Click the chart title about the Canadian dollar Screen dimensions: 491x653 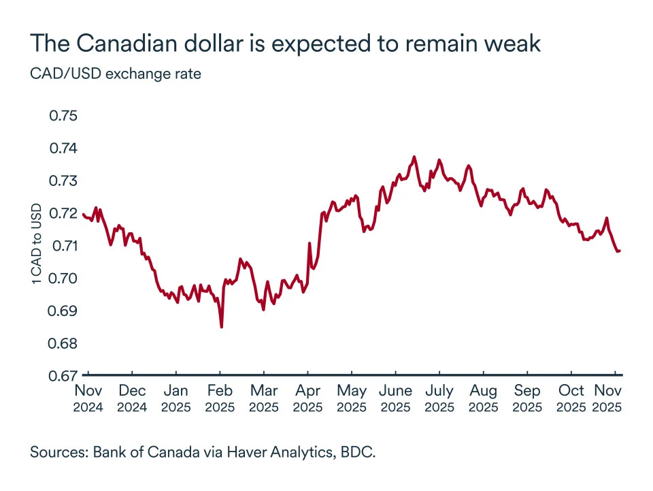pos(285,44)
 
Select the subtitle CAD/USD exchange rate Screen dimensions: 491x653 pos(116,74)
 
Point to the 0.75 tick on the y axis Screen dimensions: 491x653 pos(64,116)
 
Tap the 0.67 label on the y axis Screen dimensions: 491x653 pos(64,375)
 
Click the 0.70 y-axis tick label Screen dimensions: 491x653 pos(64,278)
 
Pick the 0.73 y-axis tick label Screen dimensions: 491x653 pos(64,180)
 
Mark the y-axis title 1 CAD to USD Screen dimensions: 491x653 pos(36,243)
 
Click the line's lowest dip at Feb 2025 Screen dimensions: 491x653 pos(222,327)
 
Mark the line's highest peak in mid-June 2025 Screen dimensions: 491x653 pos(414,157)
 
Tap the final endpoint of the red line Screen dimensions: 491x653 pos(620,251)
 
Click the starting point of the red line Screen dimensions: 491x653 pos(82,215)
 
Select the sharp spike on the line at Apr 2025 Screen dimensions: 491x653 pos(309,243)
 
